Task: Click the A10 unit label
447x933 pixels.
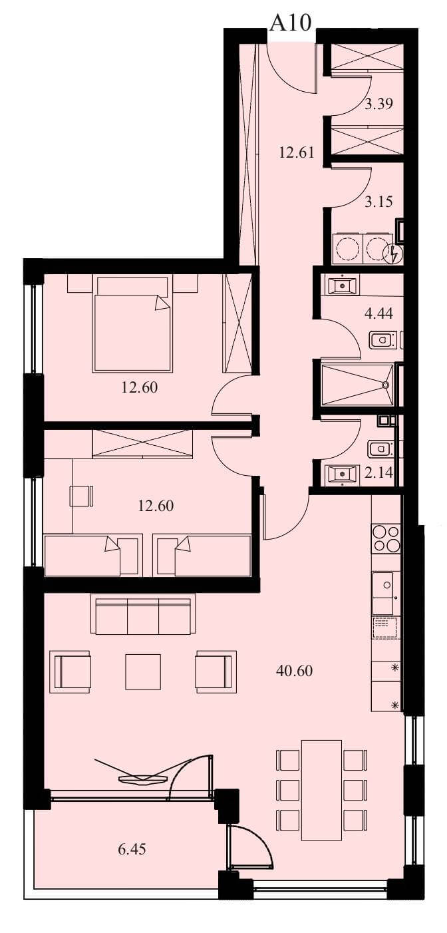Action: [x=291, y=23]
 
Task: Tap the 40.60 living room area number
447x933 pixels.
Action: [x=294, y=671]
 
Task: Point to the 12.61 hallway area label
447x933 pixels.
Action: [x=296, y=152]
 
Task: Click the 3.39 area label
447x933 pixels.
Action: [x=378, y=103]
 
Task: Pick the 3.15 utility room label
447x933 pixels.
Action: [x=378, y=202]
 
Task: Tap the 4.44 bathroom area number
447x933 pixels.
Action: [x=378, y=313]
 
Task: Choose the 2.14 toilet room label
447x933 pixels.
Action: [x=378, y=472]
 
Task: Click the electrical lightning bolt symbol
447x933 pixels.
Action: [x=393, y=254]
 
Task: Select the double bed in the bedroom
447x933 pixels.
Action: [x=132, y=323]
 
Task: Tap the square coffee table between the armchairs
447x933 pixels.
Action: [x=143, y=672]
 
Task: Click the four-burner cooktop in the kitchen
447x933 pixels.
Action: [x=386, y=538]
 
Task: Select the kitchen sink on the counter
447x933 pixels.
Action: [x=383, y=585]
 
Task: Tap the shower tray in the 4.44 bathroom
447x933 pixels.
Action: [x=357, y=385]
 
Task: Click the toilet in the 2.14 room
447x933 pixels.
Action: [x=380, y=449]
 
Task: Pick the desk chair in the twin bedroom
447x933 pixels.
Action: [x=81, y=496]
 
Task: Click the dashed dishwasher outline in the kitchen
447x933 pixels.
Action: [x=386, y=628]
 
